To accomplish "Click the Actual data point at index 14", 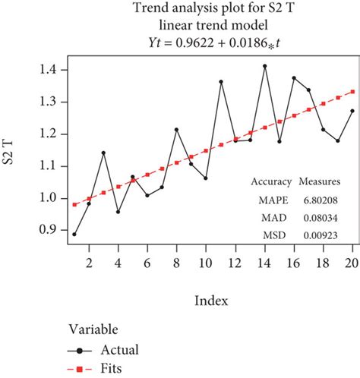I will [265, 66].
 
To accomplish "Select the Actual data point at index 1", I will [74, 234].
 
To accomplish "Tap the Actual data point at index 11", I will [221, 82].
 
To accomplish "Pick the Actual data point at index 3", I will [103, 153].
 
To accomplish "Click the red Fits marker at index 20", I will [353, 91].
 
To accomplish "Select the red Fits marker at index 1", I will [74, 204].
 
